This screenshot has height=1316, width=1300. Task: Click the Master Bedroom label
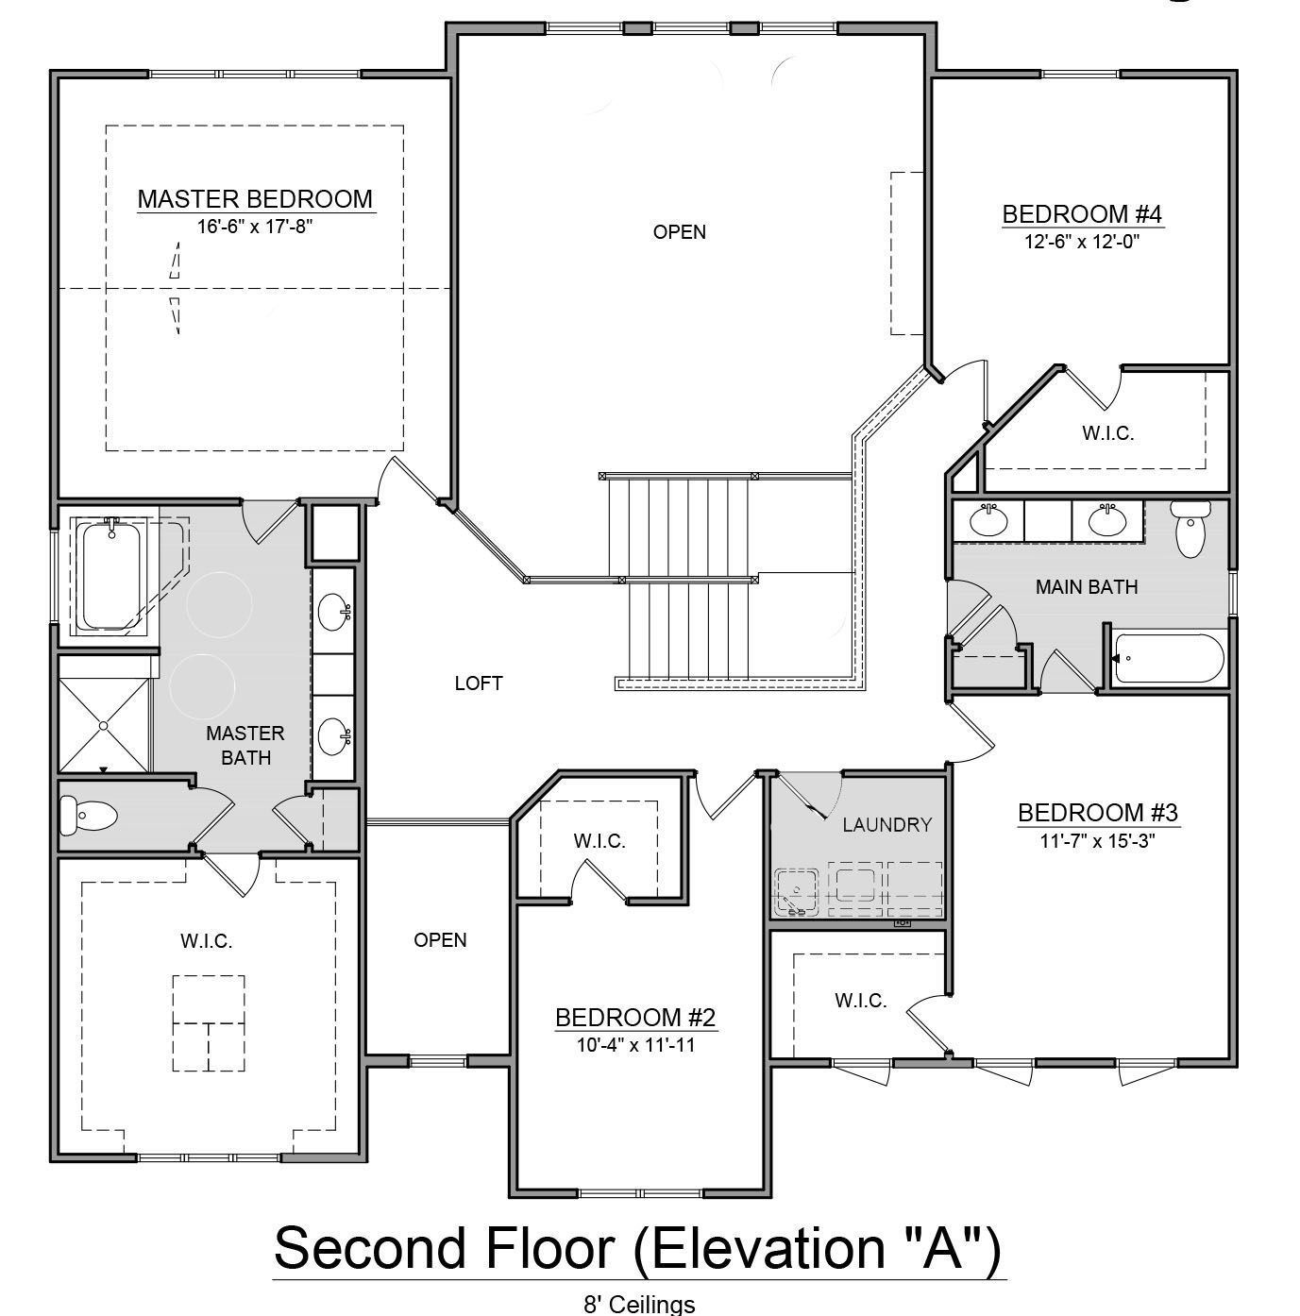[x=256, y=199]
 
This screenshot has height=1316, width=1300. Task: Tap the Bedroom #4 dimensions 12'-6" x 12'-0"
[x=1082, y=242]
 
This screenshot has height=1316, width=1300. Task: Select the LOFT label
[x=479, y=683]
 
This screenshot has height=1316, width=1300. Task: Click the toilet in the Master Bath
[x=89, y=816]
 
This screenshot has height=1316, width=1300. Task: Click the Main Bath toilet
[x=1190, y=528]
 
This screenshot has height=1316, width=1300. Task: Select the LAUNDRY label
[x=886, y=825]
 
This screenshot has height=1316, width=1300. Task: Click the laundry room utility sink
[x=797, y=892]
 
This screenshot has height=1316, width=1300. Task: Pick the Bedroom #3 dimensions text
[x=1098, y=841]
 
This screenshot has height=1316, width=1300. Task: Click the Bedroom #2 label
[x=635, y=1018]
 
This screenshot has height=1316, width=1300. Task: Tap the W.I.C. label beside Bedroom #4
[x=1107, y=433]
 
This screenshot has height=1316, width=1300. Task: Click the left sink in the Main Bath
[x=988, y=522]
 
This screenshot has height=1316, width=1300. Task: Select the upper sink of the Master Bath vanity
[x=334, y=608]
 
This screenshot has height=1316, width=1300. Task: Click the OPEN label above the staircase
[x=679, y=232]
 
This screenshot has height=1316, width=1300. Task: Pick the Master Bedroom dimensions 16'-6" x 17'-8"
[x=255, y=227]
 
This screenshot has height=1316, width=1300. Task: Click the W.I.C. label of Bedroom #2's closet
[x=599, y=841]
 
